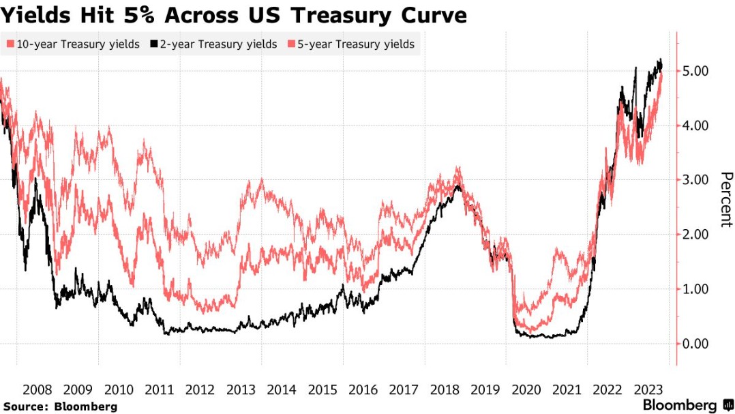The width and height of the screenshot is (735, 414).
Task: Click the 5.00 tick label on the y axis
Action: (x=695, y=71)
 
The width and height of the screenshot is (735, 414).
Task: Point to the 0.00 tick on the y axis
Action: (x=695, y=344)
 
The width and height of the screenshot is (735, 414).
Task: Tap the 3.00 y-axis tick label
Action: (x=695, y=180)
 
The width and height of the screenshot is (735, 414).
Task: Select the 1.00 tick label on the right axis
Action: (x=695, y=289)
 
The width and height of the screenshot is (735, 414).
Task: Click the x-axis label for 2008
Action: (x=37, y=389)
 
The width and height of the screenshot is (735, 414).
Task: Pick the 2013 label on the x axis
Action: (x=241, y=389)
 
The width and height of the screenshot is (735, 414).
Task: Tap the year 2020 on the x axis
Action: (x=526, y=389)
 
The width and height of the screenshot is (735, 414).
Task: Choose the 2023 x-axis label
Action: (x=649, y=389)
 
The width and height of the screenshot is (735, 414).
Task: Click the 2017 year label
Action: (x=404, y=389)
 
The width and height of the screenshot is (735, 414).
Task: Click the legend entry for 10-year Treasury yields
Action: (x=73, y=44)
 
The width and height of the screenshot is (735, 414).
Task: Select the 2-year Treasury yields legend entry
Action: (x=214, y=44)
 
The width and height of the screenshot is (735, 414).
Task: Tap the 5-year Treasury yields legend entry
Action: (x=351, y=44)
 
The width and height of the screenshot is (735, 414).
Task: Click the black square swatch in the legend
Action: (x=154, y=44)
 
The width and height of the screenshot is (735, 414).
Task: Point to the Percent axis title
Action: (x=726, y=200)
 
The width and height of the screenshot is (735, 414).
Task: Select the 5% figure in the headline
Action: (x=139, y=15)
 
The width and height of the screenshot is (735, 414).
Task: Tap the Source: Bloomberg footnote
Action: (x=61, y=406)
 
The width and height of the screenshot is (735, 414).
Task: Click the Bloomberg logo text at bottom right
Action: (x=680, y=405)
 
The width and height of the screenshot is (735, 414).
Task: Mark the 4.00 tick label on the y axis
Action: (x=695, y=125)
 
